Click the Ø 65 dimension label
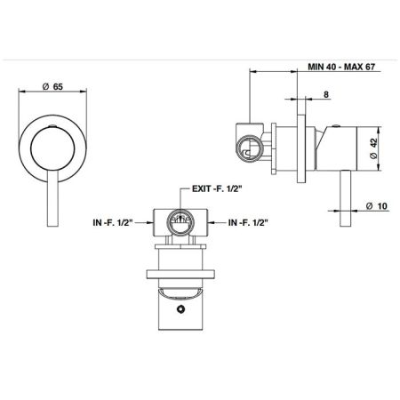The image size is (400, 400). (x=52, y=87)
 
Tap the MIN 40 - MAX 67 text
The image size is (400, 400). (x=341, y=67)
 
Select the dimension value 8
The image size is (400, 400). (x=326, y=94)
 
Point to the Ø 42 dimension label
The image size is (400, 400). (x=373, y=148)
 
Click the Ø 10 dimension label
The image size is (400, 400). (x=376, y=206)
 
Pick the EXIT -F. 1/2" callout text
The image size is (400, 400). (x=217, y=188)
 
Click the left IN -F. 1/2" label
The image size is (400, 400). (x=114, y=222)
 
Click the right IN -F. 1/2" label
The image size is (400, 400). (x=248, y=222)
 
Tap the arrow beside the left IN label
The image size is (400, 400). (x=146, y=222)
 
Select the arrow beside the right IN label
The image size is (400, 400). (x=216, y=222)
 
